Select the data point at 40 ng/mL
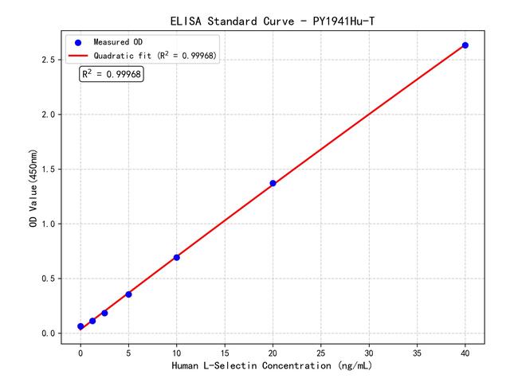click(465, 45)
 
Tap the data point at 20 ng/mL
click(273, 183)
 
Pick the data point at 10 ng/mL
click(176, 257)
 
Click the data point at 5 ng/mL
click(128, 294)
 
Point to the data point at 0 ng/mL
click(80, 326)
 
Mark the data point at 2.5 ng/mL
click(104, 313)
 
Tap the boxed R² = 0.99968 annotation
click(112, 74)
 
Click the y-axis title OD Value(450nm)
click(33, 189)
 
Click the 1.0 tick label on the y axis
click(47, 224)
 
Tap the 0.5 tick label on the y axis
click(47, 279)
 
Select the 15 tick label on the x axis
click(225, 351)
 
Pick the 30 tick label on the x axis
click(369, 351)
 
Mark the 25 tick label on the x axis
click(321, 351)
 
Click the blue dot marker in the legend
click(78, 42)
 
